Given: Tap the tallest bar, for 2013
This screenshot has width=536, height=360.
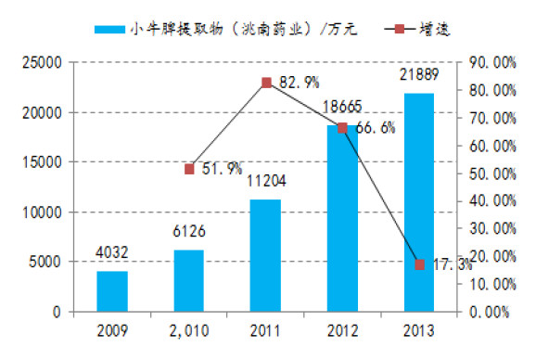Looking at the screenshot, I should tap(418, 202).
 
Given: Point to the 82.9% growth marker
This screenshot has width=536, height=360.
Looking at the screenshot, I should tap(266, 83).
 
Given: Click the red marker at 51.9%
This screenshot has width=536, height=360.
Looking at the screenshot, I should tap(189, 169).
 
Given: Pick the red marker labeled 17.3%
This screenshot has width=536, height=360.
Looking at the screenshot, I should tap(419, 264).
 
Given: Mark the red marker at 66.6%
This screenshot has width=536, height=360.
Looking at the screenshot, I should tap(342, 128).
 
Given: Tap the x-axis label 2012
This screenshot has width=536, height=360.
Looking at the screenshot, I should tap(342, 331).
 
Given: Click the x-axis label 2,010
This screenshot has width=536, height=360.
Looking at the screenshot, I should tap(189, 331).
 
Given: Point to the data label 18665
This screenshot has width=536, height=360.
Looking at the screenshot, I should tap(342, 108).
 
